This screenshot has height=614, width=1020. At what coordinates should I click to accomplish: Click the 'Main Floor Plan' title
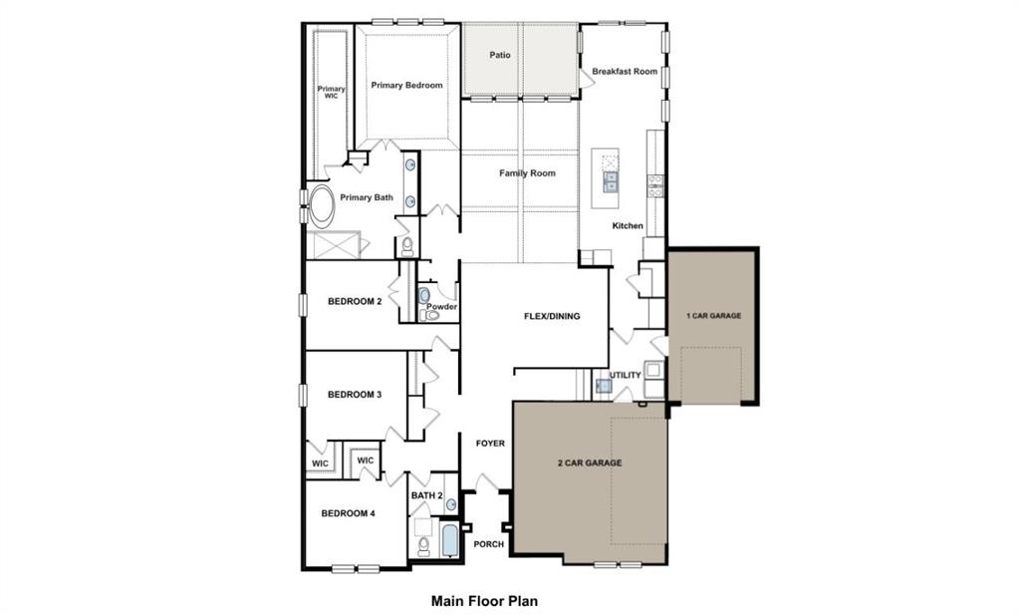tap(484, 601)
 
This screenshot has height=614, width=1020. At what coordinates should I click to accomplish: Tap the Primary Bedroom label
tap(406, 86)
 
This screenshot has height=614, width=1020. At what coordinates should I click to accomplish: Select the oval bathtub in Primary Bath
tap(322, 206)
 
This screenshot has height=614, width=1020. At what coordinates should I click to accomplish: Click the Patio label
tap(500, 55)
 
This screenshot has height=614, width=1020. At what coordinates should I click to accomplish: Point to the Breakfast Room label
tap(625, 72)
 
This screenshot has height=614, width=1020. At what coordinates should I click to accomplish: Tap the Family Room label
tap(527, 173)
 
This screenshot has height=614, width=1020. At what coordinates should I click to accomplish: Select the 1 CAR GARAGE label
tap(713, 316)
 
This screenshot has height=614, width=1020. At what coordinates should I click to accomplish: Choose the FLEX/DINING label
tap(552, 317)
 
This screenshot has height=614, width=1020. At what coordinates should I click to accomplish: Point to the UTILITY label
tap(626, 376)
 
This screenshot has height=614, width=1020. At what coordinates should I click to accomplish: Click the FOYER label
tap(490, 444)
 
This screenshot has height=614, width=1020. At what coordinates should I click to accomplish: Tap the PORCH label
tap(488, 544)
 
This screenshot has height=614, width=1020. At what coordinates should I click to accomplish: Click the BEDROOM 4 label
tap(348, 514)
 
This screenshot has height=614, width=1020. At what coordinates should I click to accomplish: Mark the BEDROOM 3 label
tap(355, 395)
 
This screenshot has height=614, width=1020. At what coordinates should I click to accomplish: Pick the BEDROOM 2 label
tap(355, 301)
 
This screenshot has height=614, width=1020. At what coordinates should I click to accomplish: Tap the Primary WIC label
tap(332, 92)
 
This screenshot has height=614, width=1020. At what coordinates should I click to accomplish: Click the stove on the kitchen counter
tap(655, 182)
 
